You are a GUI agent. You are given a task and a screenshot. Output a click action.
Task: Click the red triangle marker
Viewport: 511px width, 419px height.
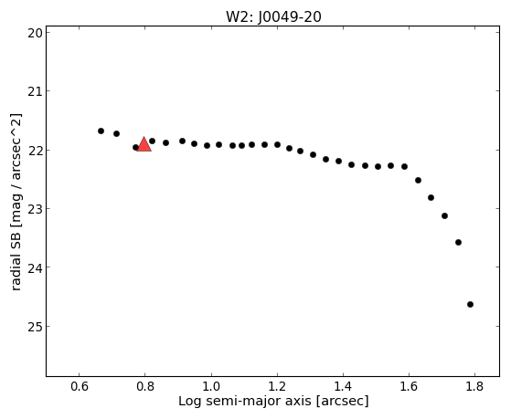pyautogui.click(x=144, y=145)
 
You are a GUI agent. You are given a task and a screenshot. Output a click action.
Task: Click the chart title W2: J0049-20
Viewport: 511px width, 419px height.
pyautogui.click(x=273, y=17)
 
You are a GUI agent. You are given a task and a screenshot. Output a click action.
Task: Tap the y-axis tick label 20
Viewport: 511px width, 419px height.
pyautogui.click(x=35, y=33)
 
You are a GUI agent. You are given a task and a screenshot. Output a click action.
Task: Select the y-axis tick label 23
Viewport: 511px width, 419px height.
pyautogui.click(x=35, y=209)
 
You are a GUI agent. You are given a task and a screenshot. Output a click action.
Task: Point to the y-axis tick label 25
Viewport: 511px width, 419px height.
pyautogui.click(x=35, y=327)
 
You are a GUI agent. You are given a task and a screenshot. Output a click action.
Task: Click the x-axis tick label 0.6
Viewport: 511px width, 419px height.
pyautogui.click(x=79, y=386)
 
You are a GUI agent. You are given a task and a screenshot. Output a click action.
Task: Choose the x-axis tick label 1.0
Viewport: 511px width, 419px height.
pyautogui.click(x=211, y=386)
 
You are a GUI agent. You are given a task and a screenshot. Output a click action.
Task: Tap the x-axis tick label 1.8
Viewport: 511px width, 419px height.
pyautogui.click(x=474, y=386)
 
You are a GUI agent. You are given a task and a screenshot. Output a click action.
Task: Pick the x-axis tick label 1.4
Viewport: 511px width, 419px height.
pyautogui.click(x=343, y=386)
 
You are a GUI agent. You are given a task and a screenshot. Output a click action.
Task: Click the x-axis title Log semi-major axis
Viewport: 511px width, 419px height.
pyautogui.click(x=245, y=402)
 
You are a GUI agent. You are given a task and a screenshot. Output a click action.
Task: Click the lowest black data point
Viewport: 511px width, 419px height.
pyautogui.click(x=470, y=304)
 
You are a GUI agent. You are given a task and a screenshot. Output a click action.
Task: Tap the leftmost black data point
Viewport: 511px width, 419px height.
pyautogui.click(x=101, y=131)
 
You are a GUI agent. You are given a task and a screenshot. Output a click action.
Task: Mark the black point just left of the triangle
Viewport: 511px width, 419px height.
pyautogui.click(x=135, y=148)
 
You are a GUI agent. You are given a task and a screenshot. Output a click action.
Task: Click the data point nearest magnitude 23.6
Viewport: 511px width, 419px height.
pyautogui.click(x=458, y=242)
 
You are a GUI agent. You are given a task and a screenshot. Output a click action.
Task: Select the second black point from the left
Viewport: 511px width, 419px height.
pyautogui.click(x=116, y=133)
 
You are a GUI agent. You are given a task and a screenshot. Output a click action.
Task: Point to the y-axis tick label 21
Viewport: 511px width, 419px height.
pyautogui.click(x=35, y=91)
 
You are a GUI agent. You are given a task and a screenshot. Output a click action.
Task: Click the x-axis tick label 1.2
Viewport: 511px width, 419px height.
pyautogui.click(x=277, y=386)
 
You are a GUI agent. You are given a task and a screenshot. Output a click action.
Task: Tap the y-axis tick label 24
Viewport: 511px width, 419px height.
pyautogui.click(x=35, y=268)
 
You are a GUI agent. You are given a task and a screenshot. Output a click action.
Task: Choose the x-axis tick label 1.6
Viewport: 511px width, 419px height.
pyautogui.click(x=409, y=386)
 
